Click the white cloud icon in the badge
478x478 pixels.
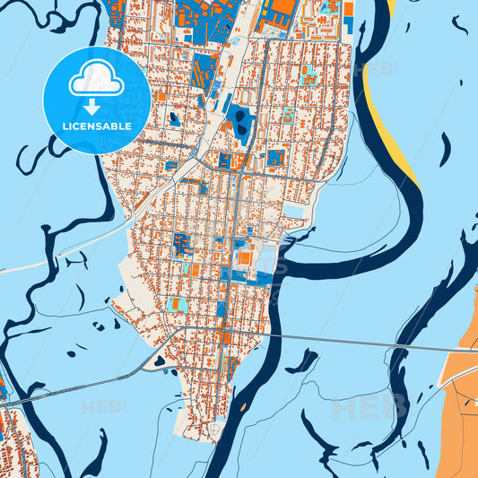pyautogui.click(x=97, y=79)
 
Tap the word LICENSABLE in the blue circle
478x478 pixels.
pyautogui.click(x=97, y=126)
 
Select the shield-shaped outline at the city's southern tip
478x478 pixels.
pyautogui.click(x=214, y=432)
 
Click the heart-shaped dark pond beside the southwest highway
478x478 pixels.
pyautogui.click(x=160, y=361)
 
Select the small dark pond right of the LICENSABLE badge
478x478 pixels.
pyautogui.click(x=174, y=118)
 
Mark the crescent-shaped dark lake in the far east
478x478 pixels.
pyautogui.click(x=446, y=148)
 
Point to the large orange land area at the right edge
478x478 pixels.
pyautogui.click(x=462, y=395)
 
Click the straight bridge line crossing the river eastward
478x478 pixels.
pyautogui.click(x=359, y=343)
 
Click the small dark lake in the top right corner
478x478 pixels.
pyautogui.click(x=459, y=24)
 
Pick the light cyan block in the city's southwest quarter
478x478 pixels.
pyautogui.click(x=177, y=305)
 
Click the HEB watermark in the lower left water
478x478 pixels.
pyautogui.click(x=103, y=407)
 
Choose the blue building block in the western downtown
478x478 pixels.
pyautogui.click(x=180, y=243)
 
